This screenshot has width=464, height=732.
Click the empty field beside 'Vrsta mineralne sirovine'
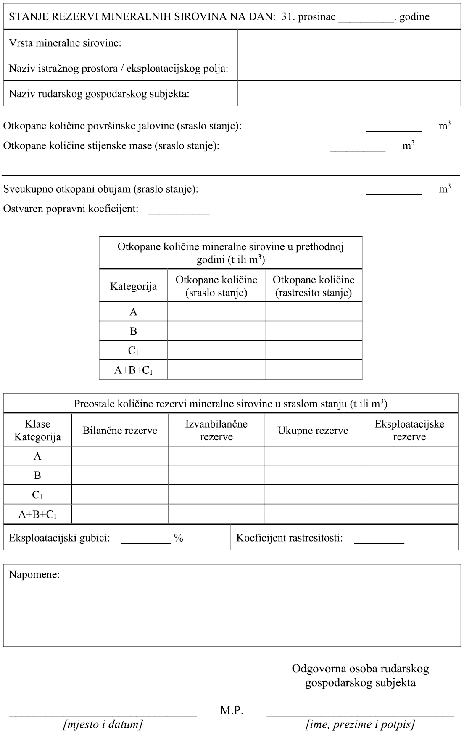pyautogui.click(x=349, y=42)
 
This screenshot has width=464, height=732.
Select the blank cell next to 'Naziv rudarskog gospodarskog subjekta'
pyautogui.click(x=349, y=93)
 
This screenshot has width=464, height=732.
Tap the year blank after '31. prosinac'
pyautogui.click(x=366, y=17)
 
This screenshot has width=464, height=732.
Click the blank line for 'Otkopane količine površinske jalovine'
pyautogui.click(x=394, y=126)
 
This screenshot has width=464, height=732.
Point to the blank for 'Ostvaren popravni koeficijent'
pyautogui.click(x=179, y=209)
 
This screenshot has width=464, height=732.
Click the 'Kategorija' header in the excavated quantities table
pyautogui.click(x=133, y=286)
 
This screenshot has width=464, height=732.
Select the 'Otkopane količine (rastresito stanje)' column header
pyautogui.click(x=314, y=286)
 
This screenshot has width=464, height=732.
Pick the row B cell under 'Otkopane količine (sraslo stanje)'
pyautogui.click(x=216, y=331)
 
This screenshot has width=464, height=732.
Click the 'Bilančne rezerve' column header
pyautogui.click(x=120, y=430)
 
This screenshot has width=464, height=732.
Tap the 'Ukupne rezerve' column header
pyautogui.click(x=313, y=430)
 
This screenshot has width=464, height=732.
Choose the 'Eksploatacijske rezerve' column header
pyautogui.click(x=409, y=430)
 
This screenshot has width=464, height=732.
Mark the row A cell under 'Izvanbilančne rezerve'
pyautogui.click(x=216, y=456)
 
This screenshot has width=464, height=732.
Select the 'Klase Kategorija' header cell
pyautogui.click(x=37, y=430)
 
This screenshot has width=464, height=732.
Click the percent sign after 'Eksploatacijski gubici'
pyautogui.click(x=179, y=538)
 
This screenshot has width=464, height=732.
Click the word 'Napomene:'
pyautogui.click(x=34, y=574)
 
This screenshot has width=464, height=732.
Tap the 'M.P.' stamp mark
pyautogui.click(x=232, y=711)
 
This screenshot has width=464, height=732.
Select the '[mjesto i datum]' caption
pyautogui.click(x=103, y=724)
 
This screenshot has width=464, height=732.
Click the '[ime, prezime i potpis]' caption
pyautogui.click(x=360, y=724)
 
